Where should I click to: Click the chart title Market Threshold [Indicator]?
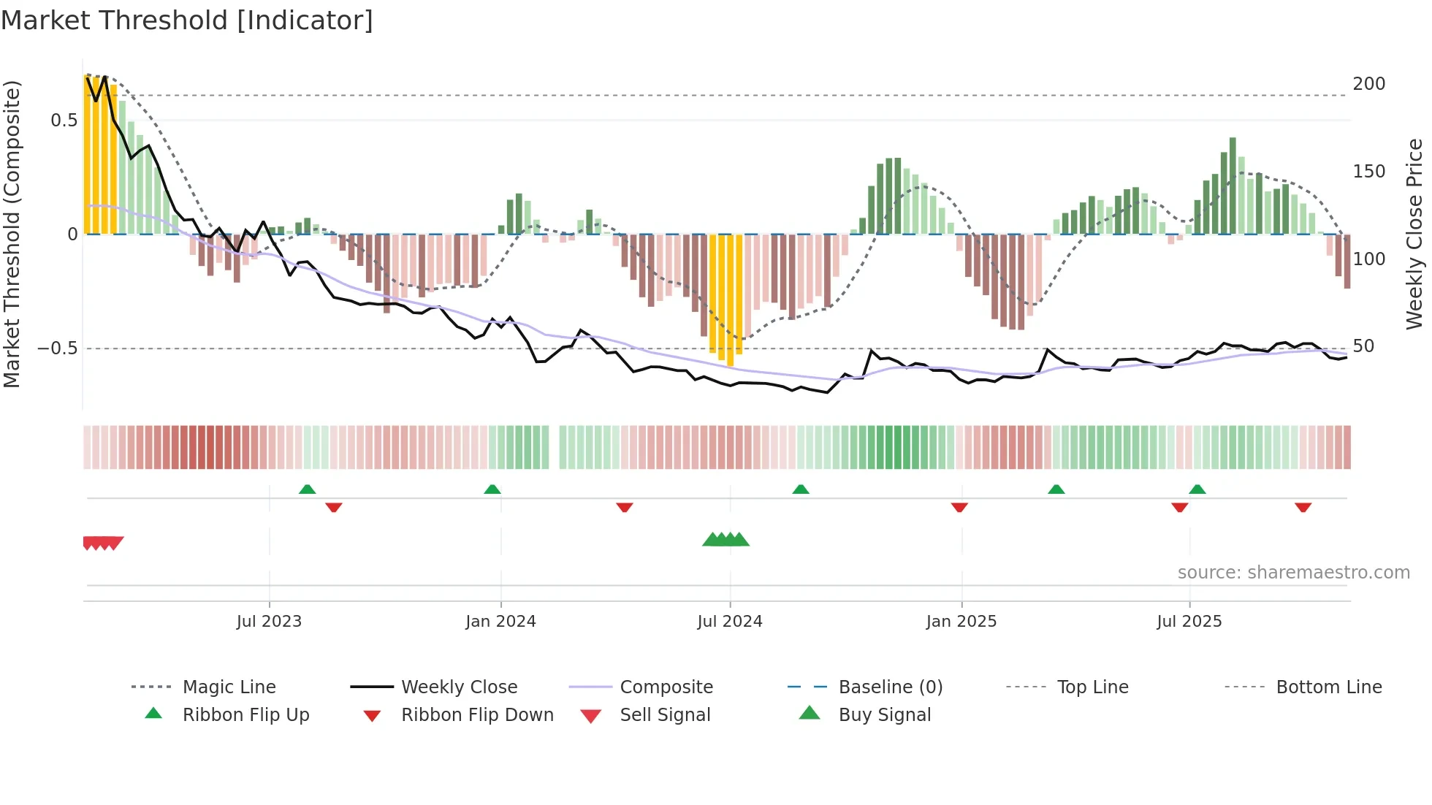tap(187, 20)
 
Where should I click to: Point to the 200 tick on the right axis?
tap(1368, 84)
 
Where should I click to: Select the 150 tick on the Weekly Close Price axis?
tap(1368, 172)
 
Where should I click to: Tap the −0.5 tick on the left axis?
tap(58, 348)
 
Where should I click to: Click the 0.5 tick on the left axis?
tap(64, 121)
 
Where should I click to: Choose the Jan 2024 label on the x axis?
tap(500, 622)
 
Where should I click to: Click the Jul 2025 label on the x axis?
tap(1189, 622)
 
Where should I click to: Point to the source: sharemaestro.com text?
tap(1293, 573)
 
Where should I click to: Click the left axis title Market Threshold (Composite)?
tap(12, 234)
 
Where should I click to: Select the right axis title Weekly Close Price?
tap(1414, 234)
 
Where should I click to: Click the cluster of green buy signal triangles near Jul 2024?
tap(725, 540)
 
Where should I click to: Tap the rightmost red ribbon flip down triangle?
tap(1303, 507)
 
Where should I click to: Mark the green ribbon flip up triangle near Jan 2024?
tap(492, 489)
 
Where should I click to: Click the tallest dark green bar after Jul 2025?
tap(1233, 186)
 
